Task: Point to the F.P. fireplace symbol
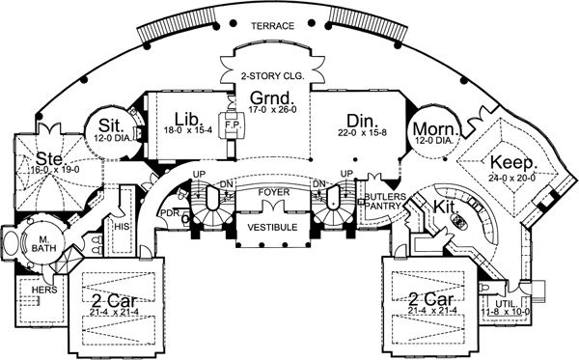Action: [232, 125]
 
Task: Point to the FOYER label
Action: [272, 191]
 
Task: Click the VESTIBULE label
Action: [272, 228]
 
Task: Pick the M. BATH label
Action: [44, 242]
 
